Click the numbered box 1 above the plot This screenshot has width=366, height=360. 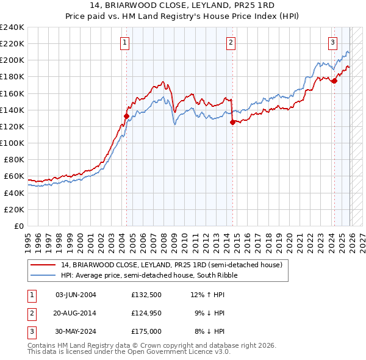(x=124, y=43)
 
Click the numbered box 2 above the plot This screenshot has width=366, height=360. (x=231, y=43)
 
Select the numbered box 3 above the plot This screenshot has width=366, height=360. (x=332, y=43)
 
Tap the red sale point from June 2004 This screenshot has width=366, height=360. (x=126, y=116)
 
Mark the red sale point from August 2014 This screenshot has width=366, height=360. (x=232, y=122)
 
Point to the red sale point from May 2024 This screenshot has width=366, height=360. (x=334, y=81)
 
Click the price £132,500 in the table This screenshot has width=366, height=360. (x=146, y=295)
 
